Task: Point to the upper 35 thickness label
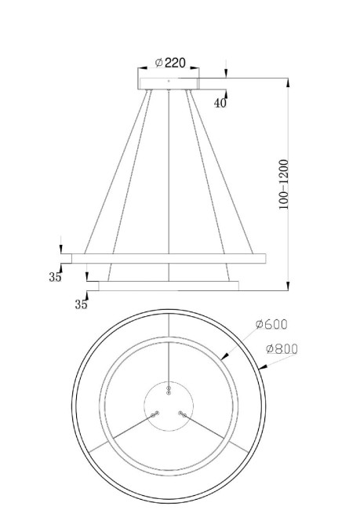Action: click(x=54, y=276)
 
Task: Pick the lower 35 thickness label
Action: click(x=81, y=304)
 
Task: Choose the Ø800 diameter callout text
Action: click(x=282, y=349)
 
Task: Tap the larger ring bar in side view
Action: click(x=169, y=257)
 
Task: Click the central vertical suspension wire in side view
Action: click(x=169, y=180)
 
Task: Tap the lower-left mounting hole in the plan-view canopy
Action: click(x=156, y=412)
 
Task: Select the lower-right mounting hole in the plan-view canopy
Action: click(x=181, y=412)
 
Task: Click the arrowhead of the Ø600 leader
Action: click(x=225, y=357)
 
